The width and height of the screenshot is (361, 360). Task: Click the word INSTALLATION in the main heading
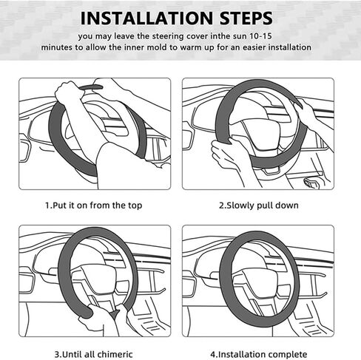click(x=146, y=18)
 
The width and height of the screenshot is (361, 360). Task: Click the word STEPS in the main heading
click(x=246, y=18)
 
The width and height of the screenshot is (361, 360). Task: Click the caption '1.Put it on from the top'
click(x=94, y=206)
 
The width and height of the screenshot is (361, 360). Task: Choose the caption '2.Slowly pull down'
click(x=259, y=206)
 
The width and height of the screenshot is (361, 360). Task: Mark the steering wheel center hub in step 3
click(x=98, y=279)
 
